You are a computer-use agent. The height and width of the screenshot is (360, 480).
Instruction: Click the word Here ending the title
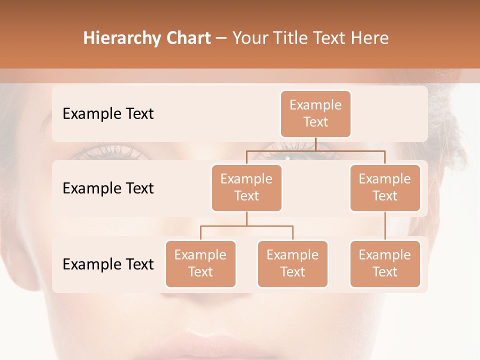[x=370, y=38]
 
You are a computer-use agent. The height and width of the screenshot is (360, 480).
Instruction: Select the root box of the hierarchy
[x=315, y=114]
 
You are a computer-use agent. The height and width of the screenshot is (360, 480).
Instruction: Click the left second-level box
[x=246, y=187]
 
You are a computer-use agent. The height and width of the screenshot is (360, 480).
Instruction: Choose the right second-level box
[x=385, y=187]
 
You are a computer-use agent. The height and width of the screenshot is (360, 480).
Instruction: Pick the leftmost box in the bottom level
[x=200, y=263]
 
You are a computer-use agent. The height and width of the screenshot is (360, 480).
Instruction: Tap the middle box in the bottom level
[x=292, y=263]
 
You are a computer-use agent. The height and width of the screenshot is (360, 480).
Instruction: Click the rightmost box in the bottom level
[x=385, y=263]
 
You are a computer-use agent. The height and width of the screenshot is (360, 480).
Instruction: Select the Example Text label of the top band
[x=108, y=114]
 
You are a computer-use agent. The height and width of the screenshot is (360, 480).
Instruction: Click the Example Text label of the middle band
[x=108, y=188]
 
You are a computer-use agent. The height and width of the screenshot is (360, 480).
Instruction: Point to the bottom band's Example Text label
[x=108, y=264]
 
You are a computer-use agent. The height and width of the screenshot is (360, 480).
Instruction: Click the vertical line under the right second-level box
[x=385, y=225]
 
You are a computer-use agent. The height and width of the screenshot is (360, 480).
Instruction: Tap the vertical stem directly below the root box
[x=315, y=144]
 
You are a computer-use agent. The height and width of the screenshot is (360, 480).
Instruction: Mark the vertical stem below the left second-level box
[x=246, y=218]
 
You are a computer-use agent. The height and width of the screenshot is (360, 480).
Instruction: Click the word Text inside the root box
[x=315, y=122]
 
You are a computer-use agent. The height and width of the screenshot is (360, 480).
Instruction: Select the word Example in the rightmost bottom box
[x=385, y=255]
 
